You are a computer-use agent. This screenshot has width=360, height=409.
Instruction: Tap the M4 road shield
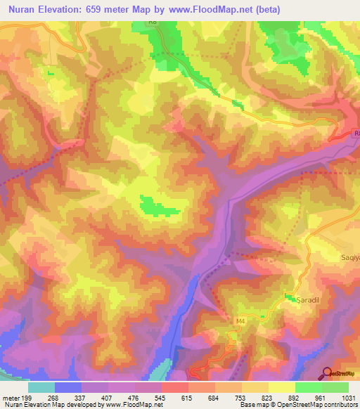240,321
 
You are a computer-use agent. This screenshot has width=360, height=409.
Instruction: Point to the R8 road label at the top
153,22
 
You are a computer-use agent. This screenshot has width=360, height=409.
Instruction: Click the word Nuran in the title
21,9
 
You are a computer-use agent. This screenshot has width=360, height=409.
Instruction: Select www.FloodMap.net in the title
200,9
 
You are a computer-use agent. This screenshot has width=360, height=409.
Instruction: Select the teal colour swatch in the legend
41,387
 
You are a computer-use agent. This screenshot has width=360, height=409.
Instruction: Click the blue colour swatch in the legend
68,387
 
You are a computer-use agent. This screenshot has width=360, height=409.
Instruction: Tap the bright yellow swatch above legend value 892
282,387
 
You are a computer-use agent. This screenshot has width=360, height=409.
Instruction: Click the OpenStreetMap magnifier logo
328,373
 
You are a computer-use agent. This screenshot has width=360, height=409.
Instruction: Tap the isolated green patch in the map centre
156,206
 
